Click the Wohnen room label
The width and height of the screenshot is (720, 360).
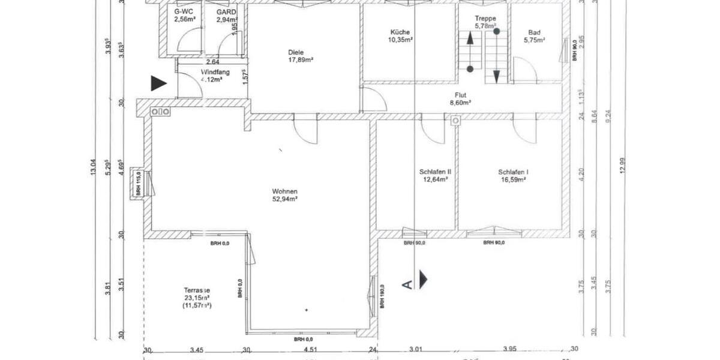pos(286,191)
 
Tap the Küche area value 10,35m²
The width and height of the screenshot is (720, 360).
pos(400,40)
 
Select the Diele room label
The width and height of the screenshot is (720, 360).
pos(301,52)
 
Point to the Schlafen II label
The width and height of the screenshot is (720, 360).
pos(436,172)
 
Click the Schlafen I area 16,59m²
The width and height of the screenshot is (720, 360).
pos(512,179)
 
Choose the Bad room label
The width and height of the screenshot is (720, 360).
pos(534,32)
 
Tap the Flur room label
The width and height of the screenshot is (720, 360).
pos(461,95)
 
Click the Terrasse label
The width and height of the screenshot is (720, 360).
pos(197,289)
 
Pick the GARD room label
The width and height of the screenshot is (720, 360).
pos(227,11)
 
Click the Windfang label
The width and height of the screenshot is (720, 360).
pos(211,71)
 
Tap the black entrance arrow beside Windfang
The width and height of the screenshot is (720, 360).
pos(158,83)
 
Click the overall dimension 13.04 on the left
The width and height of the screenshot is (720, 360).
pos(92,166)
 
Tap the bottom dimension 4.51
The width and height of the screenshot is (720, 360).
pos(310,350)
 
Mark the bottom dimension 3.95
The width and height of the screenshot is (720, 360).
pos(509,350)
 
